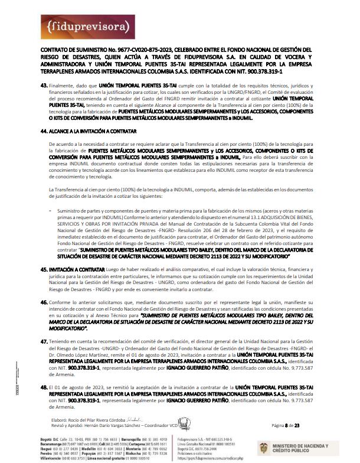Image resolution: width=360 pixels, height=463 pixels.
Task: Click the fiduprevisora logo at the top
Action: [x=83, y=27]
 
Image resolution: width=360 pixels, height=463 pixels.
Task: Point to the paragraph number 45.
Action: [x=44, y=269]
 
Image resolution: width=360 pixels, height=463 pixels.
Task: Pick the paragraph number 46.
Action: [x=44, y=302]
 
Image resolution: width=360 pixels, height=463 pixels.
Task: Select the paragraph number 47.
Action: [x=44, y=341]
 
